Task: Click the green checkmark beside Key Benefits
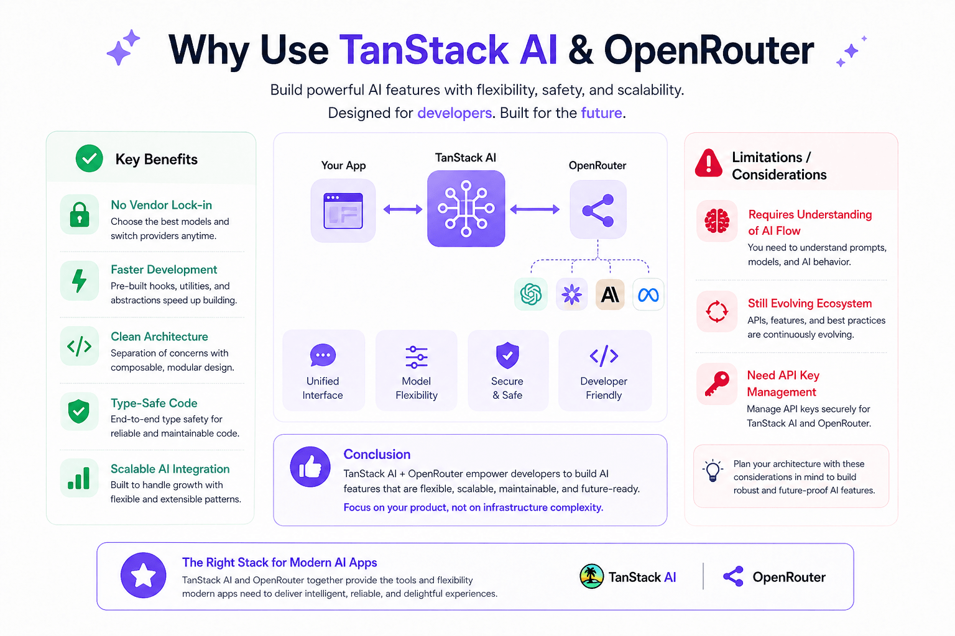click(x=90, y=158)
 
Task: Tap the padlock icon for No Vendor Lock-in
click(x=80, y=214)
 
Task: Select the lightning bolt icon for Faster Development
click(x=79, y=281)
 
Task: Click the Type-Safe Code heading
click(x=154, y=403)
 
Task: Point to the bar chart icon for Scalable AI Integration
click(x=79, y=478)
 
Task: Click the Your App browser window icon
click(x=343, y=211)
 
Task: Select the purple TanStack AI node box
click(x=466, y=209)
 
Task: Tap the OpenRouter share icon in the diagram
click(x=598, y=210)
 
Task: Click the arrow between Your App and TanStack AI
click(x=402, y=210)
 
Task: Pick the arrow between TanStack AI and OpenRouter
click(x=535, y=210)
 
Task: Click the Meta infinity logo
click(x=648, y=294)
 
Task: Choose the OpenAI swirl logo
click(x=531, y=294)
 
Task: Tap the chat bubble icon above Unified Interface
click(x=323, y=355)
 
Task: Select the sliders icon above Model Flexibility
click(x=416, y=357)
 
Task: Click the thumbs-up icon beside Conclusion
click(x=310, y=467)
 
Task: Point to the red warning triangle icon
click(x=709, y=163)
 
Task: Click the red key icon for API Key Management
click(x=717, y=383)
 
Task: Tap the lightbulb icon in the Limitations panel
click(x=713, y=470)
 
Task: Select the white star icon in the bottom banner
click(x=144, y=575)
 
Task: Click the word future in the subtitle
click(x=601, y=113)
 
